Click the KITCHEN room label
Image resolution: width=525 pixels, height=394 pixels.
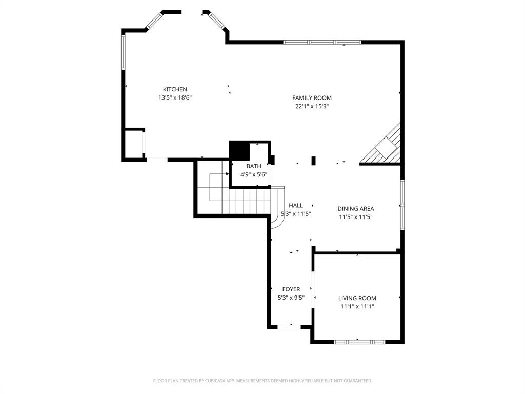pyautogui.click(x=175, y=89)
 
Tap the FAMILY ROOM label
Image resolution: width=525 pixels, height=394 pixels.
pyautogui.click(x=312, y=98)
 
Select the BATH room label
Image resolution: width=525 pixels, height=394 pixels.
pyautogui.click(x=253, y=166)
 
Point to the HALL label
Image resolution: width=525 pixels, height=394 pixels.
pyautogui.click(x=296, y=206)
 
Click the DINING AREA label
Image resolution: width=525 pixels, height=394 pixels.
pyautogui.click(x=355, y=209)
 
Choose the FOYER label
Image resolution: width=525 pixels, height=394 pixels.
pyautogui.click(x=291, y=289)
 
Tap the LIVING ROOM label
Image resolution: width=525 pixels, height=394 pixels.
pyautogui.click(x=357, y=298)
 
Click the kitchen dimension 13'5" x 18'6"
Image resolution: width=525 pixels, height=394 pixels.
pyautogui.click(x=175, y=97)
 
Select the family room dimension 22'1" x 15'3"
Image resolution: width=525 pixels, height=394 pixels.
pyautogui.click(x=312, y=107)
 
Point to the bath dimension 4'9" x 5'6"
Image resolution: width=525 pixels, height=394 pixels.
pyautogui.click(x=254, y=175)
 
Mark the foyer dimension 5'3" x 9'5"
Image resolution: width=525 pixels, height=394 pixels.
pyautogui.click(x=291, y=298)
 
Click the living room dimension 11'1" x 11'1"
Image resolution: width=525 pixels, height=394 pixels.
pyautogui.click(x=357, y=307)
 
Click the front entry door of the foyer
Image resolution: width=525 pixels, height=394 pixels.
pyautogui.click(x=290, y=326)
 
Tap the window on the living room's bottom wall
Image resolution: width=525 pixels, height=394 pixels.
pyautogui.click(x=359, y=342)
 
